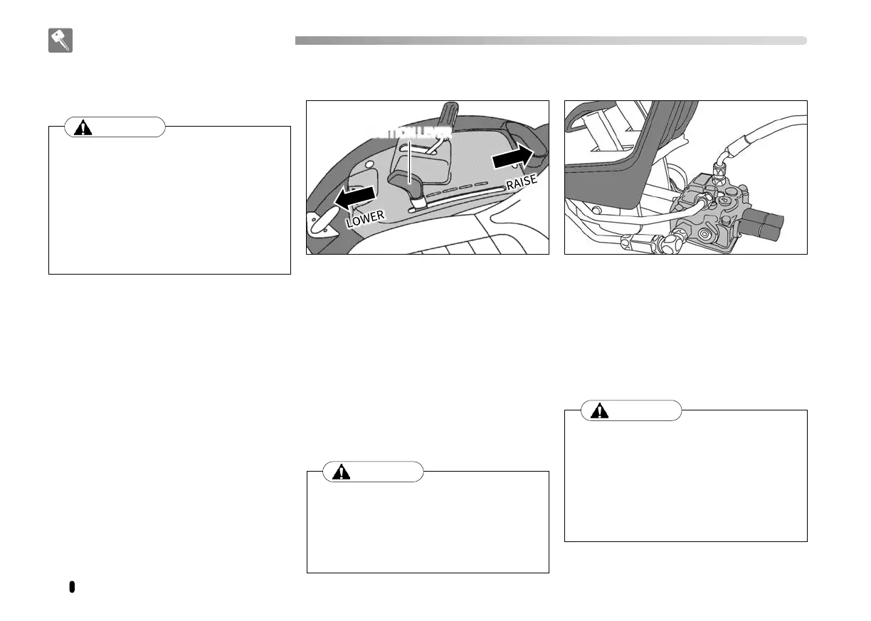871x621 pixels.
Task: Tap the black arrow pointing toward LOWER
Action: pyautogui.click(x=355, y=197)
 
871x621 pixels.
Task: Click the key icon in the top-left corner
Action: pyautogui.click(x=60, y=41)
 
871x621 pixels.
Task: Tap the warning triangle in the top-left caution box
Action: pyautogui.click(x=84, y=128)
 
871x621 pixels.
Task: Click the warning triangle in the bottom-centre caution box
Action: pyautogui.click(x=342, y=472)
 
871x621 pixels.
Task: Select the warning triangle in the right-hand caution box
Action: pyautogui.click(x=599, y=411)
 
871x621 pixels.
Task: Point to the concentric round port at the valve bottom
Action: pyautogui.click(x=707, y=233)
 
